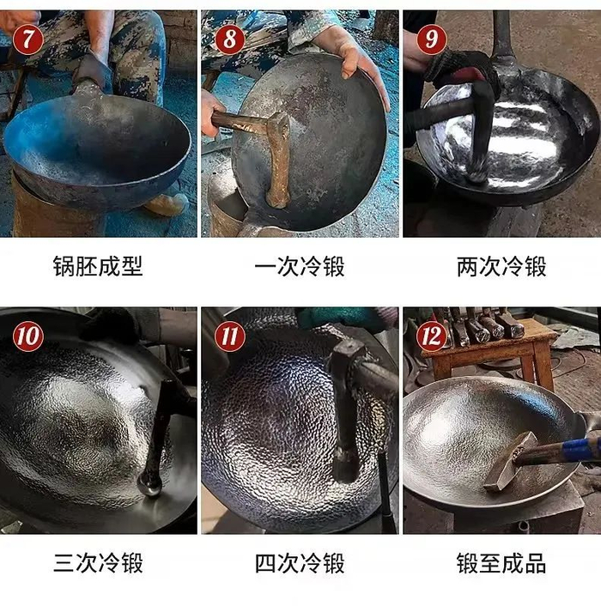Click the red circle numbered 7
[27, 39]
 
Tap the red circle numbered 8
[229, 39]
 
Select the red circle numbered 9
[431, 39]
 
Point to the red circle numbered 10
[27, 336]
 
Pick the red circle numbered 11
[229, 336]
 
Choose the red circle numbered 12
[431, 336]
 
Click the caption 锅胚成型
[98, 266]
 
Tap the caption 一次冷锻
[300, 266]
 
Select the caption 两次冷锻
[501, 266]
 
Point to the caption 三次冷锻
[98, 563]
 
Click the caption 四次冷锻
[300, 563]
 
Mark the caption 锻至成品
[501, 563]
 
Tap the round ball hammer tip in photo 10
[149, 486]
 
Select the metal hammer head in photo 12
[510, 462]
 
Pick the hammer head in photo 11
[346, 409]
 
